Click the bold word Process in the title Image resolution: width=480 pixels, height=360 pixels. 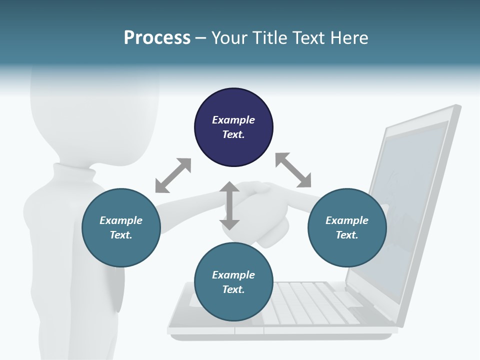click(x=157, y=38)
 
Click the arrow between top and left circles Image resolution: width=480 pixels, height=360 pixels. click(x=173, y=175)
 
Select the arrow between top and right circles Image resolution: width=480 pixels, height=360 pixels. click(x=293, y=170)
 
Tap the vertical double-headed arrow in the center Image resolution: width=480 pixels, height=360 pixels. click(x=229, y=205)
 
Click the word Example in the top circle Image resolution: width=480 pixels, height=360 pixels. click(x=233, y=120)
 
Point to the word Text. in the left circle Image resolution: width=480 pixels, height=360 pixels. click(x=121, y=235)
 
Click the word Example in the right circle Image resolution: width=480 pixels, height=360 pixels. click(x=347, y=220)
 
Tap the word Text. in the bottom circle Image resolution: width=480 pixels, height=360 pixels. click(x=233, y=289)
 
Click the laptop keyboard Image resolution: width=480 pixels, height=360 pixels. click(x=310, y=300)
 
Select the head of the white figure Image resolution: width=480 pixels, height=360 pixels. click(x=95, y=115)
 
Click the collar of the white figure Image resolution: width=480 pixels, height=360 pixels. click(x=75, y=172)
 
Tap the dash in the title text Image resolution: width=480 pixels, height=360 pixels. click(x=201, y=38)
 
